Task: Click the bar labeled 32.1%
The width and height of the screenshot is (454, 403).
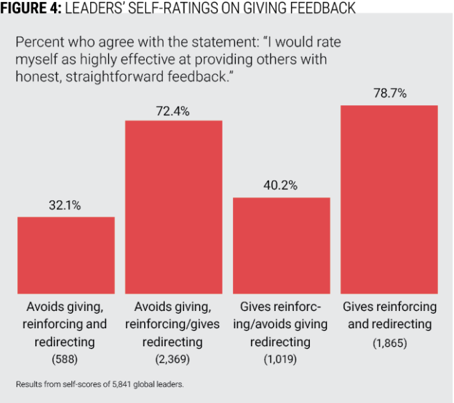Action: pyautogui.click(x=66, y=254)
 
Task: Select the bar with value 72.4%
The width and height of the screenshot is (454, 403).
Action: pyautogui.click(x=173, y=206)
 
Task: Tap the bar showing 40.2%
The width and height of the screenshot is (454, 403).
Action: pyautogui.click(x=281, y=244)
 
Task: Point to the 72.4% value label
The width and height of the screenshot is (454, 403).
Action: pyautogui.click(x=173, y=110)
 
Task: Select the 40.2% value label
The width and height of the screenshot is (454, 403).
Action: pyautogui.click(x=281, y=186)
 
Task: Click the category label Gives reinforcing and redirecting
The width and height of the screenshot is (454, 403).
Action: pyautogui.click(x=389, y=315)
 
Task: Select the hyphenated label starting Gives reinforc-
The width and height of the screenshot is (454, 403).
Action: pyautogui.click(x=281, y=324)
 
